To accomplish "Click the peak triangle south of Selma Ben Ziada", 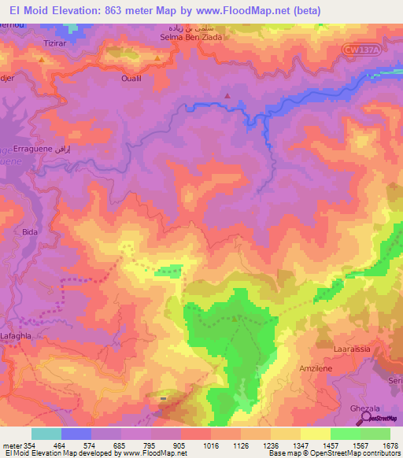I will click(228, 96).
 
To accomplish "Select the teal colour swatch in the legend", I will click(46, 434).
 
